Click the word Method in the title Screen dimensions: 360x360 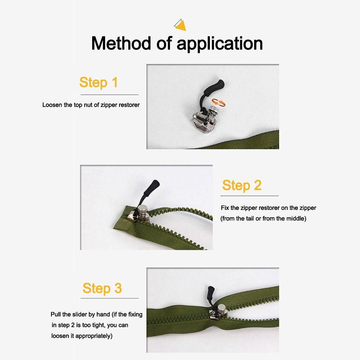(121, 43)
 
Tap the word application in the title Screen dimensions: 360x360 (220, 44)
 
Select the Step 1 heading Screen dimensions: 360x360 (99, 82)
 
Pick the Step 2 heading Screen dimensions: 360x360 (242, 185)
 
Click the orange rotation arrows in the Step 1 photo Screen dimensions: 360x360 (219, 102)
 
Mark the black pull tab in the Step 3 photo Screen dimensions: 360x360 (211, 296)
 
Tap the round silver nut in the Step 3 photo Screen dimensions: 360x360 (221, 308)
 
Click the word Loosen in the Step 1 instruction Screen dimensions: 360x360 (52, 105)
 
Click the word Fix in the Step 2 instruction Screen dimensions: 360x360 (225, 208)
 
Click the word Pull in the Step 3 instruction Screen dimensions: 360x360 (56, 314)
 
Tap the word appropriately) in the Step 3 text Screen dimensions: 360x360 (94, 336)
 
